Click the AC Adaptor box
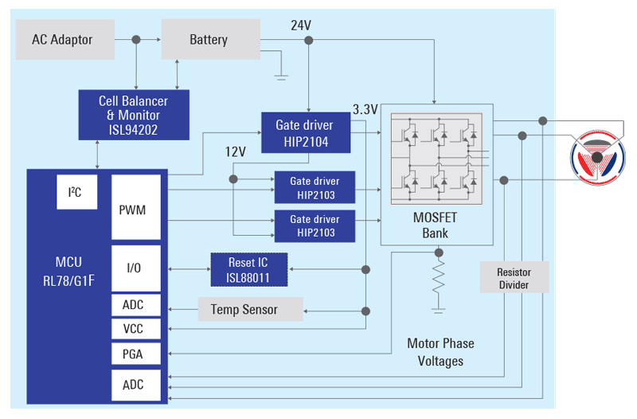tap(62, 40)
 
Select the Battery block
tap(209, 40)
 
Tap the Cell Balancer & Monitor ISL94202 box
tap(134, 115)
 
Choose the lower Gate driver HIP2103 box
tap(315, 226)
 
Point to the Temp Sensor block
tap(250, 309)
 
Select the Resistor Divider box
tap(514, 278)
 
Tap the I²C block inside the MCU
tap(76, 193)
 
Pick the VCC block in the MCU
tap(131, 328)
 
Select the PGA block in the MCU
tap(131, 353)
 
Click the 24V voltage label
tap(301, 25)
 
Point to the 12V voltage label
tap(236, 151)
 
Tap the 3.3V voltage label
tap(365, 108)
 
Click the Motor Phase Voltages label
tap(440, 352)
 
